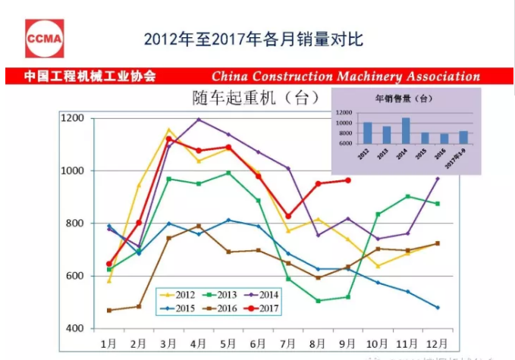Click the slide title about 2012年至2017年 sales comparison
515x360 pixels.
coord(253,39)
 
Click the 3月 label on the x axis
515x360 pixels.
coord(168,343)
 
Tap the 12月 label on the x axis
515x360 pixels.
coord(437,343)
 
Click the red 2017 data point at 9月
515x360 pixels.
coord(348,180)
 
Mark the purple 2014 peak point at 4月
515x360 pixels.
coord(199,119)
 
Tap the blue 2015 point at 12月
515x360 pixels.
coord(438,307)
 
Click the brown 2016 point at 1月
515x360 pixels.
coord(110,310)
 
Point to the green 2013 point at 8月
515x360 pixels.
coord(318,301)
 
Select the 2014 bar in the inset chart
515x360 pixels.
coord(407,130)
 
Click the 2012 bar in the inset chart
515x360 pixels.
coord(368,133)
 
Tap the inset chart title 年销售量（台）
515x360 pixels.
coord(404,99)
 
